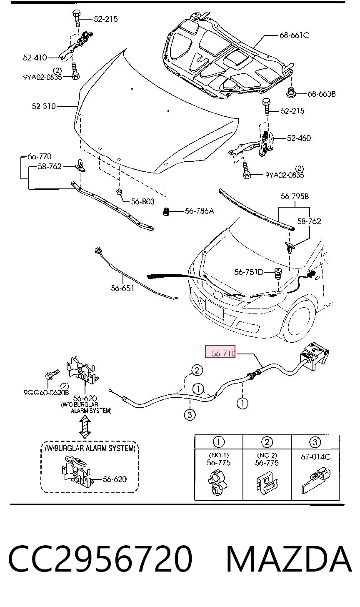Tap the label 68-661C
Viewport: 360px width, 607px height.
294,35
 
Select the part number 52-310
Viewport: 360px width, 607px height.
44,106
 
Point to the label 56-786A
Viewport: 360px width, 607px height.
199,211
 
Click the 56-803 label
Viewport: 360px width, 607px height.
142,201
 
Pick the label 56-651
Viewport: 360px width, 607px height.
122,288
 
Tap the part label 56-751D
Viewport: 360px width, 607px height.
249,272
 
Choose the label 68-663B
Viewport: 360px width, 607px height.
322,94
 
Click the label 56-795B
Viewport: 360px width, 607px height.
295,196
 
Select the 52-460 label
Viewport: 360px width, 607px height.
299,138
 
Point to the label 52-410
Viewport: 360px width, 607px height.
35,58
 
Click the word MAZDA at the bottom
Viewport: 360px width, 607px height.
289,559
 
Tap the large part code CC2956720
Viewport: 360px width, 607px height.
100,559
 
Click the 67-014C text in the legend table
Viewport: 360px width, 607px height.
315,457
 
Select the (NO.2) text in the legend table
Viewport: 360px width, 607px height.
267,455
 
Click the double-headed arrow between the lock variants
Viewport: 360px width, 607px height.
85,427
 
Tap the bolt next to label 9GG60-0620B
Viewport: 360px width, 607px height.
52,374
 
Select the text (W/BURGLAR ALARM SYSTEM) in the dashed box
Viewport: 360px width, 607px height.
90,448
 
